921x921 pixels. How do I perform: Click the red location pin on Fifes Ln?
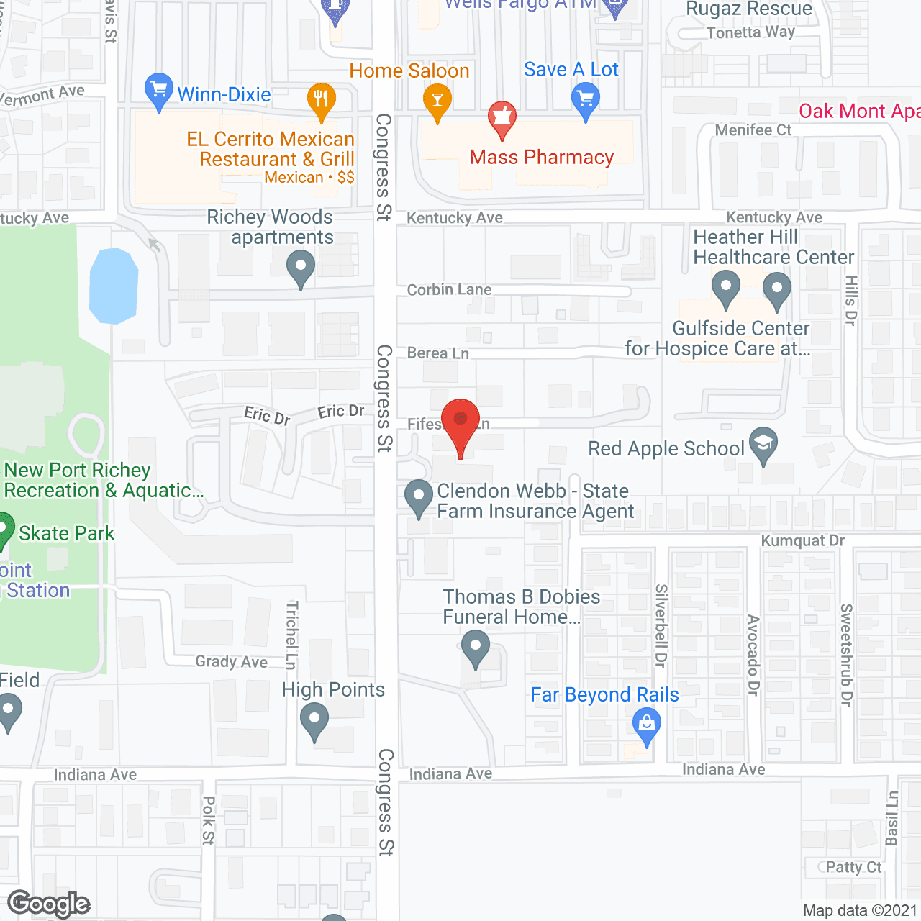(460, 422)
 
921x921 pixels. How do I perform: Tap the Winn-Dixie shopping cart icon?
(158, 90)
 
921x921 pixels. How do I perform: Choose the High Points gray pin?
(314, 719)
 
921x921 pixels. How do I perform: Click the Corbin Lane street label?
(450, 290)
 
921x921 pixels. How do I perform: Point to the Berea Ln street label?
(438, 353)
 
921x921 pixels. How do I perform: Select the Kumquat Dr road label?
(803, 541)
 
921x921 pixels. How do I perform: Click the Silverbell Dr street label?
(661, 626)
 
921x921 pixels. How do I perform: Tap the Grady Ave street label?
(231, 662)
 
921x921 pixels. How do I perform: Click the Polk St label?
(209, 820)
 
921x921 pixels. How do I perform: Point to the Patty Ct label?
(853, 867)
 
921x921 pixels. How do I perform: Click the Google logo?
(49, 904)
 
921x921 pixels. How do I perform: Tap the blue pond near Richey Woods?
(114, 286)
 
